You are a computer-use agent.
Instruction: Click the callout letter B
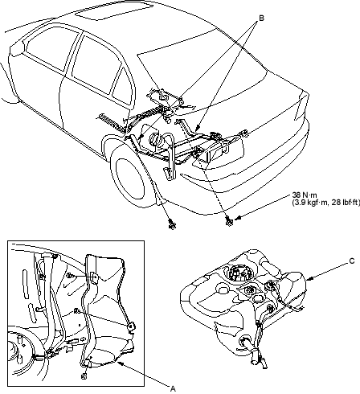click(261, 18)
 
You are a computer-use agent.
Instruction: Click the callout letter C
click(352, 261)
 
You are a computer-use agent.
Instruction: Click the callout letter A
click(173, 388)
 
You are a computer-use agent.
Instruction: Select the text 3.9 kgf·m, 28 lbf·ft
click(325, 203)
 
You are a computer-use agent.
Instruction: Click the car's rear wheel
click(130, 179)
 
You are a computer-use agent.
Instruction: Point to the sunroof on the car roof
click(114, 11)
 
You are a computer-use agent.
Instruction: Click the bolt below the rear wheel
click(172, 224)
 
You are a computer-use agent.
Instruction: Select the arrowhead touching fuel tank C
click(309, 279)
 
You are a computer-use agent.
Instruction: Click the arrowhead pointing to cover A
click(121, 363)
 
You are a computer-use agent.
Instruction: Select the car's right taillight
click(301, 107)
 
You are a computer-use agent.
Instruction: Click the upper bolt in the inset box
click(69, 275)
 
